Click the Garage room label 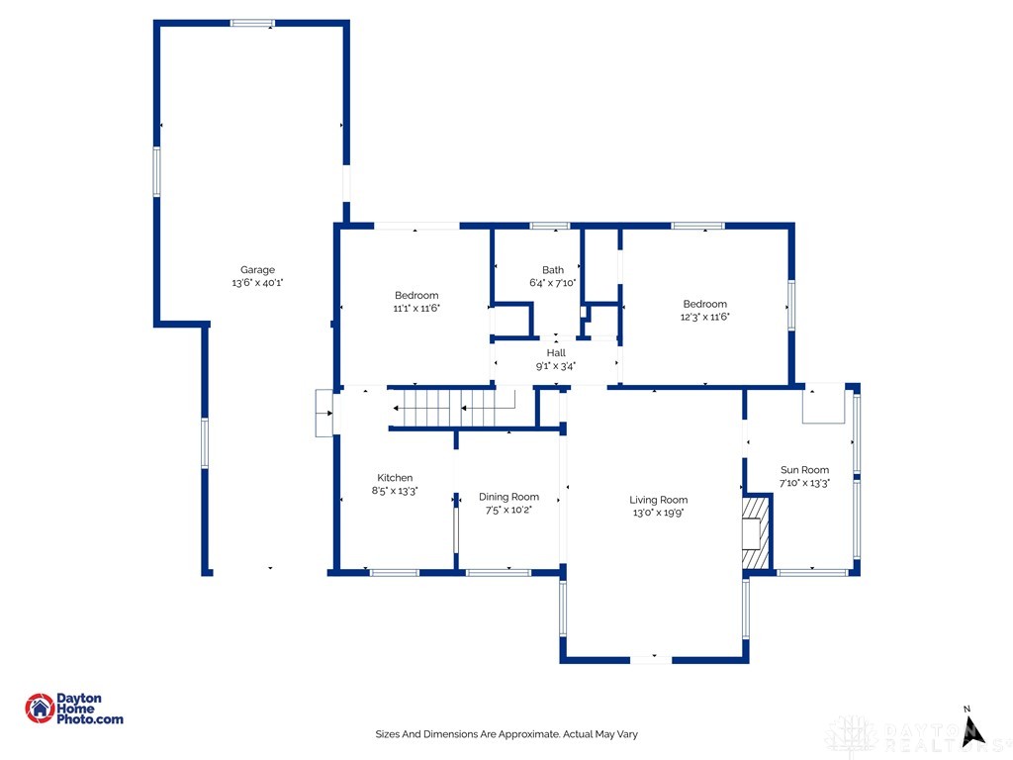[x=257, y=270]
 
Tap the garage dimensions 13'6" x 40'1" [x=257, y=282]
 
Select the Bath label [x=552, y=270]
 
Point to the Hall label [x=556, y=353]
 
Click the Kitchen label [x=395, y=478]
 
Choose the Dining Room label [x=508, y=497]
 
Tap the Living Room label [x=658, y=500]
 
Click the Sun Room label [x=804, y=470]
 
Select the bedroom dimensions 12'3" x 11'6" [x=704, y=317]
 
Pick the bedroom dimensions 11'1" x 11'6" [x=416, y=309]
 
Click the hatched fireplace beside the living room [x=756, y=531]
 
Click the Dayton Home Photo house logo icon [x=40, y=709]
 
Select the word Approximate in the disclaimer [x=532, y=734]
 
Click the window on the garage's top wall [x=252, y=24]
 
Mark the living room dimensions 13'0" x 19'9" [x=658, y=513]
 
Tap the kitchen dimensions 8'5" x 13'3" [x=395, y=491]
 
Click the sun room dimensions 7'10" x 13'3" [x=804, y=483]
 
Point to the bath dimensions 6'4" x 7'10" [x=552, y=282]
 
